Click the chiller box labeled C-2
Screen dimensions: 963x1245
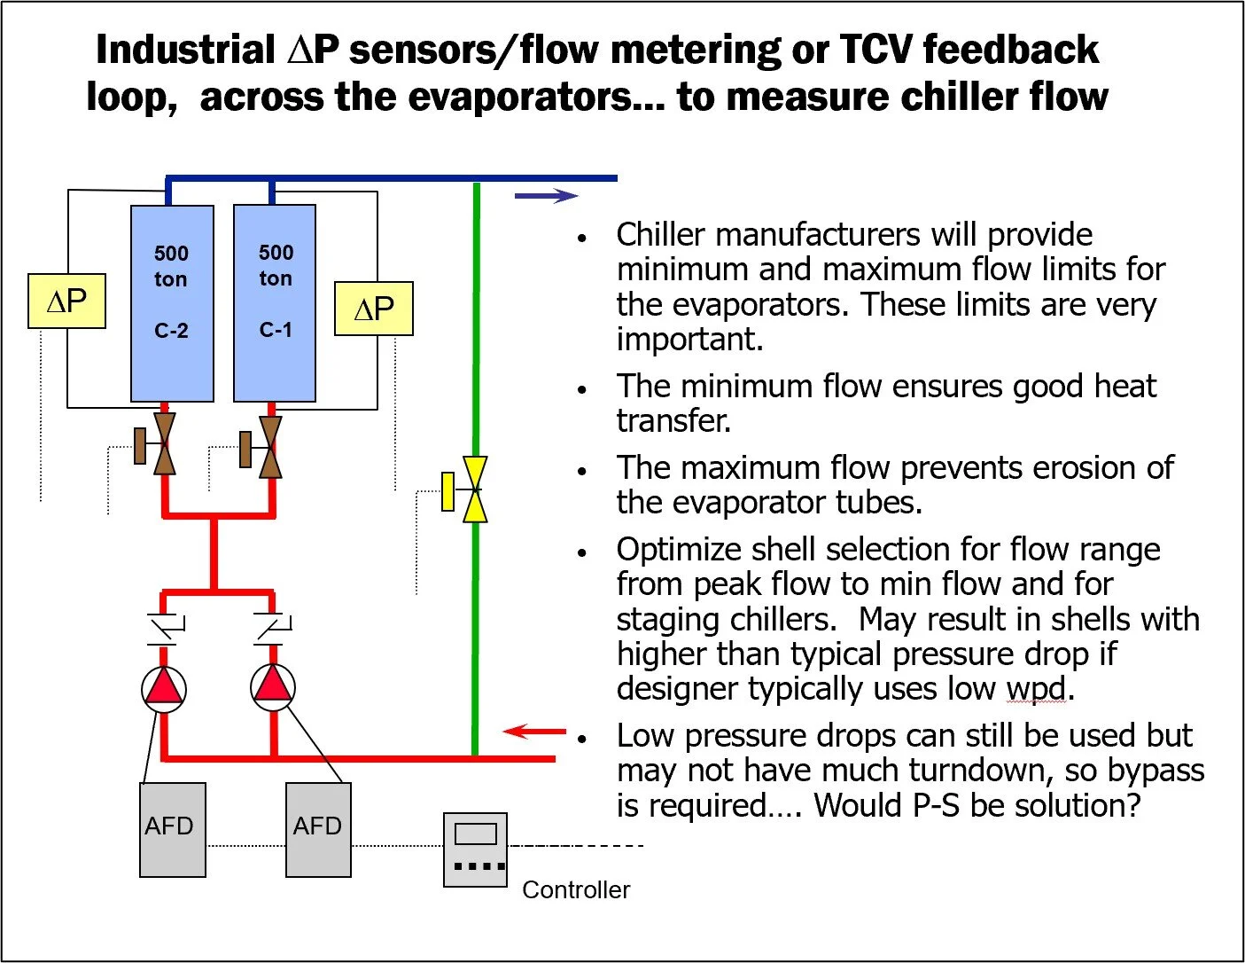[172, 303]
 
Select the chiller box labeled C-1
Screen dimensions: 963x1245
[275, 303]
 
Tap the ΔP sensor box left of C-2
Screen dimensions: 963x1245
[67, 301]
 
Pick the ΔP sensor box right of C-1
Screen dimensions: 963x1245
[373, 309]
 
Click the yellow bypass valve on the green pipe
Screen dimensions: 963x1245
[474, 489]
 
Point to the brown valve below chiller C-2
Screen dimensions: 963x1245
[163, 443]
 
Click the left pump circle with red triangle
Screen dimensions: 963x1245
[164, 688]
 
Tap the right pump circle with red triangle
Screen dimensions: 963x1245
[272, 687]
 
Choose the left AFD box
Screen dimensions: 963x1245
[173, 829]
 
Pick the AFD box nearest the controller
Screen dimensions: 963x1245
[318, 829]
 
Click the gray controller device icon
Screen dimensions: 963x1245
[475, 849]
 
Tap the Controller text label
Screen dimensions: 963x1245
[576, 889]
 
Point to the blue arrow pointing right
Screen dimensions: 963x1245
[546, 196]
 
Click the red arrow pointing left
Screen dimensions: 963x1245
[533, 732]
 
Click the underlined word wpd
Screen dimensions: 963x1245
[1035, 689]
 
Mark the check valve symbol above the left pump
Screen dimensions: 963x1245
[164, 628]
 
